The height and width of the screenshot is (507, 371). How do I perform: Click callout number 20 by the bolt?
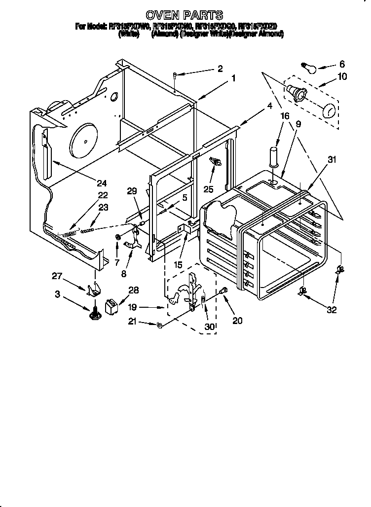coord(237,321)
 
